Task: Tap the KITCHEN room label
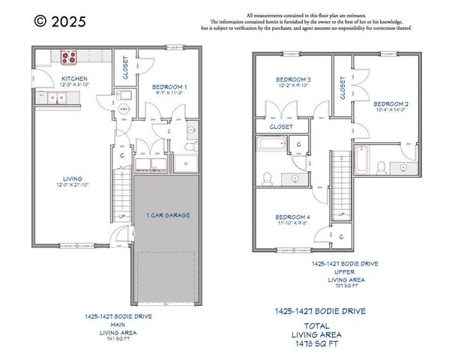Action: [74, 78]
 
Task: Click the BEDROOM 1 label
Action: [164, 87]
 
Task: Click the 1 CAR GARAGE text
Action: [167, 215]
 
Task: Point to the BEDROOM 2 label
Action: [391, 103]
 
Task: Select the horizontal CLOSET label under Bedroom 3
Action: [281, 127]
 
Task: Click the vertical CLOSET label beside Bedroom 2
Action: [343, 88]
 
